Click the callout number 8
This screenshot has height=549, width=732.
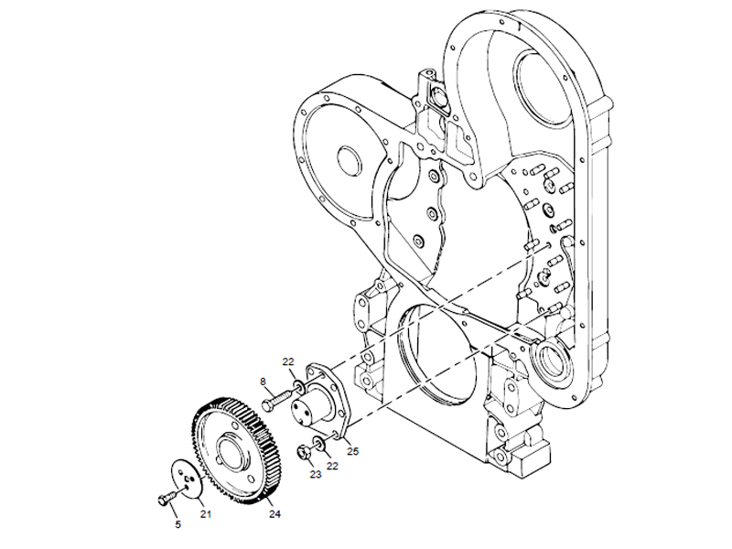263,382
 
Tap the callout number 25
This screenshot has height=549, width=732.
352,451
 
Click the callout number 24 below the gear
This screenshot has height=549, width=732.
274,513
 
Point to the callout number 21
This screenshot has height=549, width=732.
206,513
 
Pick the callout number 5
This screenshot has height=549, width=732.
178,524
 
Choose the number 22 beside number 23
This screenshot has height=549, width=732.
334,466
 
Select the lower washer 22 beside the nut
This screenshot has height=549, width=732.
318,445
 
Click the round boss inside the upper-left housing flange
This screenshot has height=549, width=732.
350,158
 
